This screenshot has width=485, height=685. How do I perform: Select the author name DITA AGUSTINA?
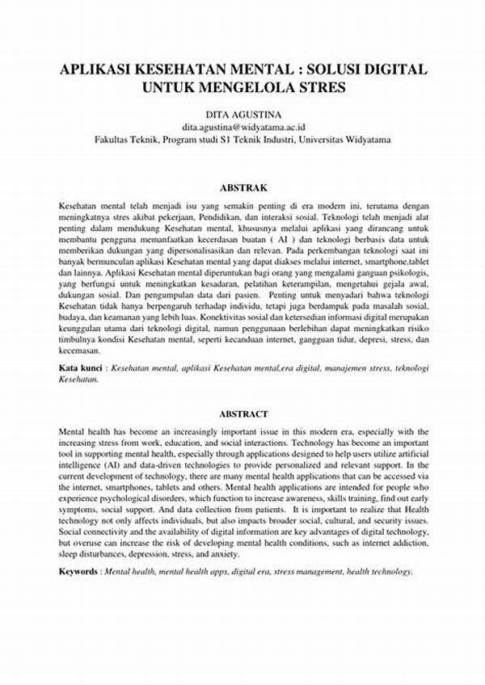pos(242,113)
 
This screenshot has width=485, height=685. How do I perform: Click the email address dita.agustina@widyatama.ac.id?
pos(242,127)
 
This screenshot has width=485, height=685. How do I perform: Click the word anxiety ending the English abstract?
pos(221,555)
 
